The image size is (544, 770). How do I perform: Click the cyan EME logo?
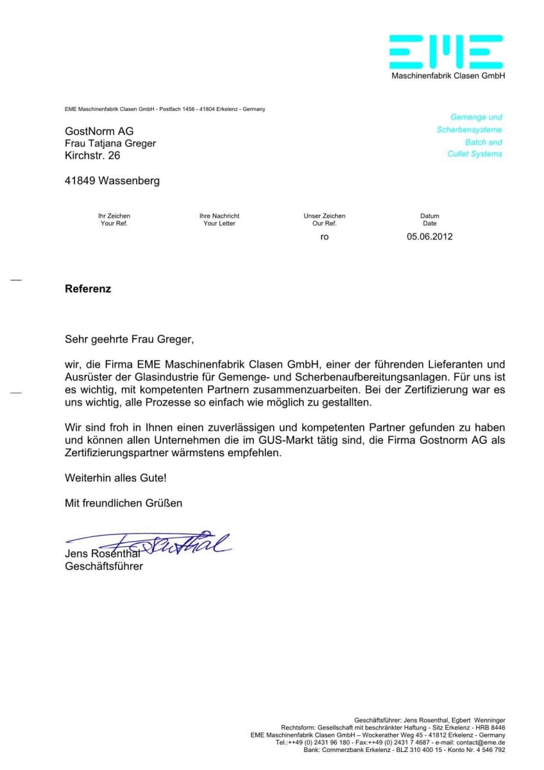446,52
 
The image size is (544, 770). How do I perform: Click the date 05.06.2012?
429,236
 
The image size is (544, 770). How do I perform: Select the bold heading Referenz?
88,289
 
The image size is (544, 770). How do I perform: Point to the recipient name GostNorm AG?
99,132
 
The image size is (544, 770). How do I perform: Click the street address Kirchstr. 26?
92,155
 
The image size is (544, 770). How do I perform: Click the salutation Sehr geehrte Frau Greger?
128,339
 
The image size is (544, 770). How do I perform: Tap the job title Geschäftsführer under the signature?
104,566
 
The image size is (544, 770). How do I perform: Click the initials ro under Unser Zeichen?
325,237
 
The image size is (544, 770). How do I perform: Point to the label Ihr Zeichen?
114,216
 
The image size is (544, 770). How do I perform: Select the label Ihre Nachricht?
219,216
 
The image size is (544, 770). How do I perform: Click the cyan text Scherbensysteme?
470,130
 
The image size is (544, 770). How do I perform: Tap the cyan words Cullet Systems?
475,154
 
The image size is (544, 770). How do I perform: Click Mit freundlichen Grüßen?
123,503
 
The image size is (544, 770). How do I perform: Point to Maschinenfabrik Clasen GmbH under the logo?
448,76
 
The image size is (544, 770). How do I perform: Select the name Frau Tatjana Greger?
110,144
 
